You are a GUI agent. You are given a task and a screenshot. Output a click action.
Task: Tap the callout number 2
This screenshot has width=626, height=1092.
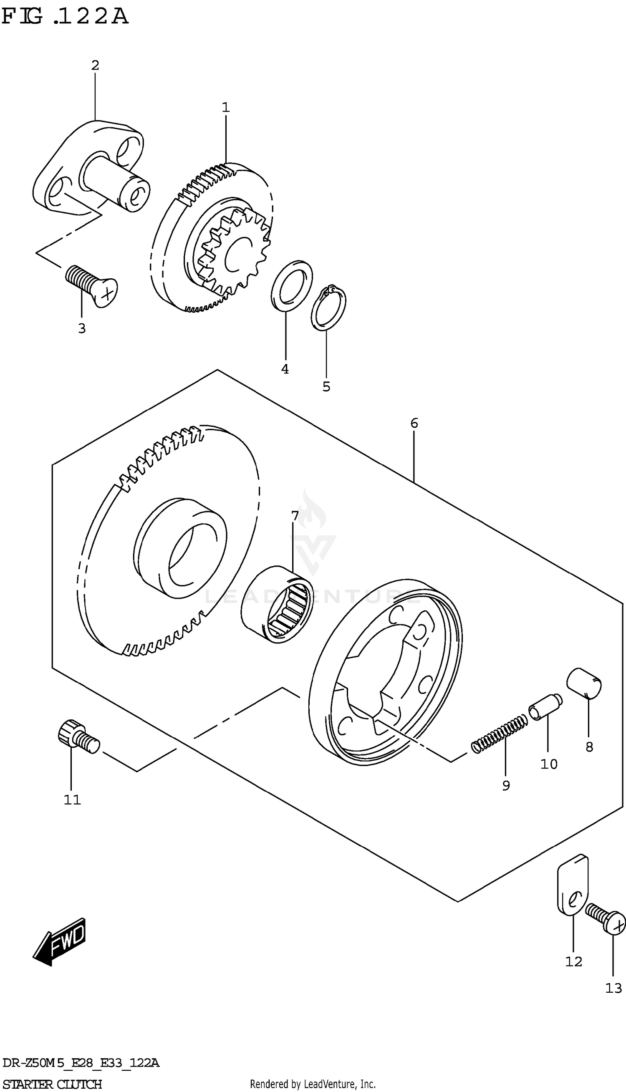pos(95,66)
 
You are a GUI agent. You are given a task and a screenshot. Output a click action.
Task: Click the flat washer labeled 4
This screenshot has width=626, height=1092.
pos(292,285)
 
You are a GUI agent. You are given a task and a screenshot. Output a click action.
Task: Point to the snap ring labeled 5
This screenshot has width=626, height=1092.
pos(328,308)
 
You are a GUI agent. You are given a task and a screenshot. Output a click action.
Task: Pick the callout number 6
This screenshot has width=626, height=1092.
pos(414,423)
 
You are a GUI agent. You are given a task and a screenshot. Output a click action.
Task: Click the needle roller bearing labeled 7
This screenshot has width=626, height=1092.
pos(277,604)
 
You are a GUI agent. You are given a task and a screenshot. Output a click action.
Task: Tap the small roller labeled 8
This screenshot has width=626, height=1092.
pos(584,683)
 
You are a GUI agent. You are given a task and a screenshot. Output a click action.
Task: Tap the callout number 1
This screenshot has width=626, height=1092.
pos(225,107)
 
